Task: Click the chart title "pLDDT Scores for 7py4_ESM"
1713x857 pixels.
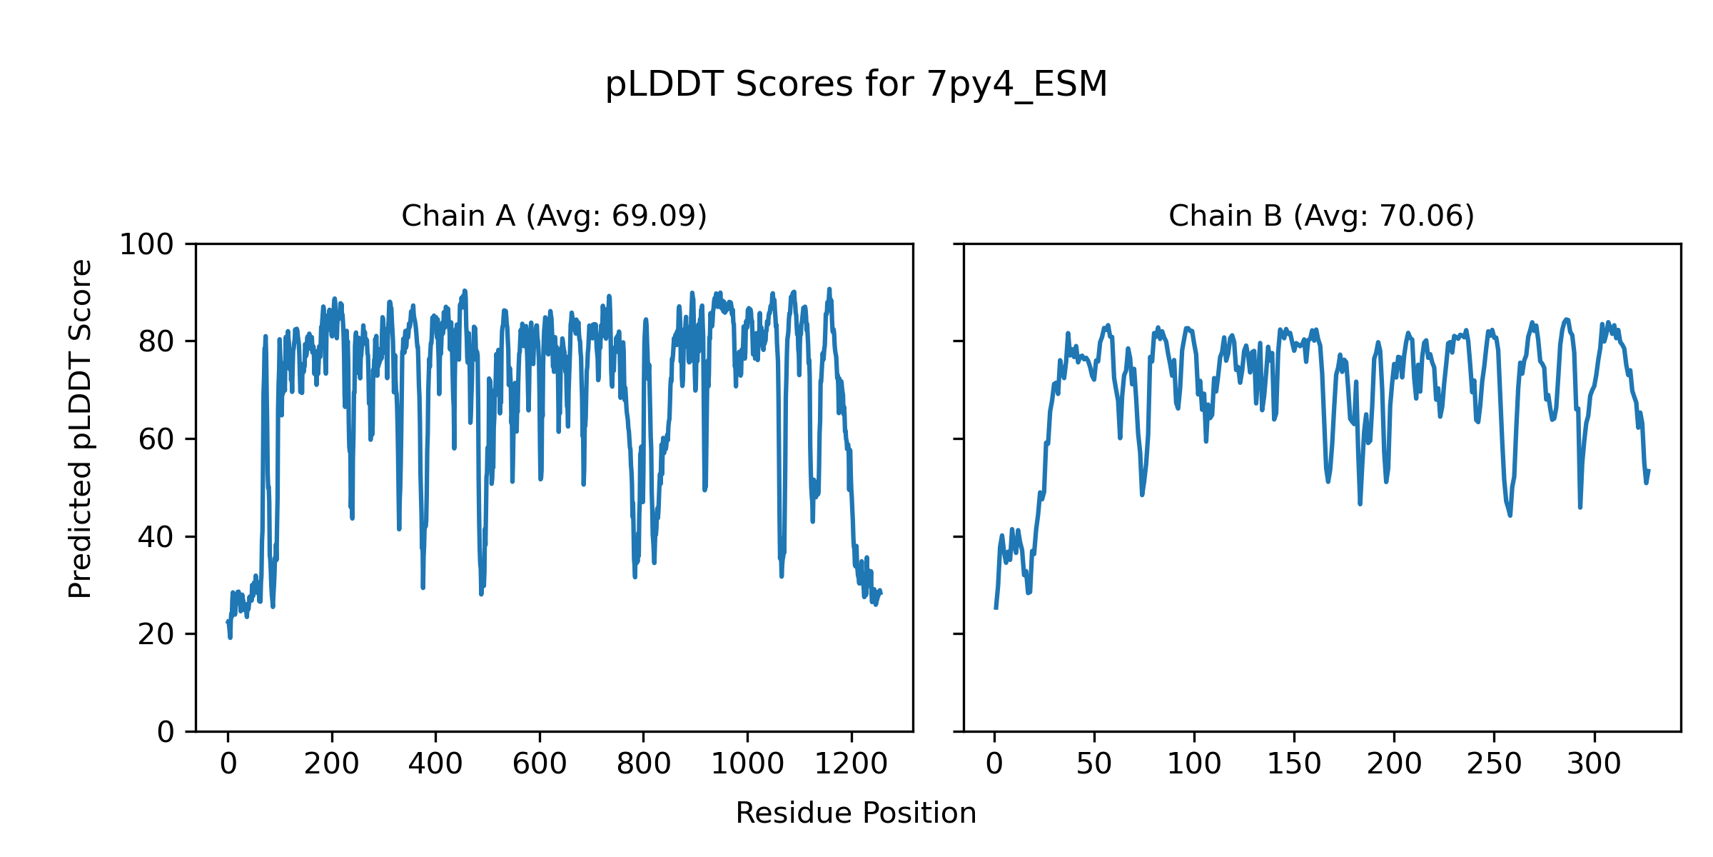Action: tap(856, 85)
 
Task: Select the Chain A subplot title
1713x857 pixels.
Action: tap(554, 216)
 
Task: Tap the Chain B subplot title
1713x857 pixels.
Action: tap(1321, 216)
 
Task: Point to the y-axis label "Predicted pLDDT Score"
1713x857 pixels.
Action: tap(81, 428)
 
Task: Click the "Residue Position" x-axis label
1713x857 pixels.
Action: tap(856, 813)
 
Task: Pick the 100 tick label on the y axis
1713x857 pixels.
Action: tap(146, 245)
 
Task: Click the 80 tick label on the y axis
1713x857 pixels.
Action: tap(156, 342)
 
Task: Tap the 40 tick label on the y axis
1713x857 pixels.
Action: tap(156, 537)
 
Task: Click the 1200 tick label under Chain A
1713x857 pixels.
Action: tap(852, 764)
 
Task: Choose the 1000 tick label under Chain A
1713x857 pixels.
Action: tap(747, 764)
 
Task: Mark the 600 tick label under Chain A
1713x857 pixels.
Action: tap(540, 764)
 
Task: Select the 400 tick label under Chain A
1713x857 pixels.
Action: tap(435, 764)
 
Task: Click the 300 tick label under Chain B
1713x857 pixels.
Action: tap(1594, 764)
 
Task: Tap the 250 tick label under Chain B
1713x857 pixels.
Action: tap(1494, 764)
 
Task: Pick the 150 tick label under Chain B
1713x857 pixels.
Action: tap(1294, 764)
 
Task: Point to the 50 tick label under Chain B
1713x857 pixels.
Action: tap(1094, 764)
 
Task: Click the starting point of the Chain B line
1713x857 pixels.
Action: tap(995, 608)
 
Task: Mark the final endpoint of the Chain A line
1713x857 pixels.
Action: tap(881, 594)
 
